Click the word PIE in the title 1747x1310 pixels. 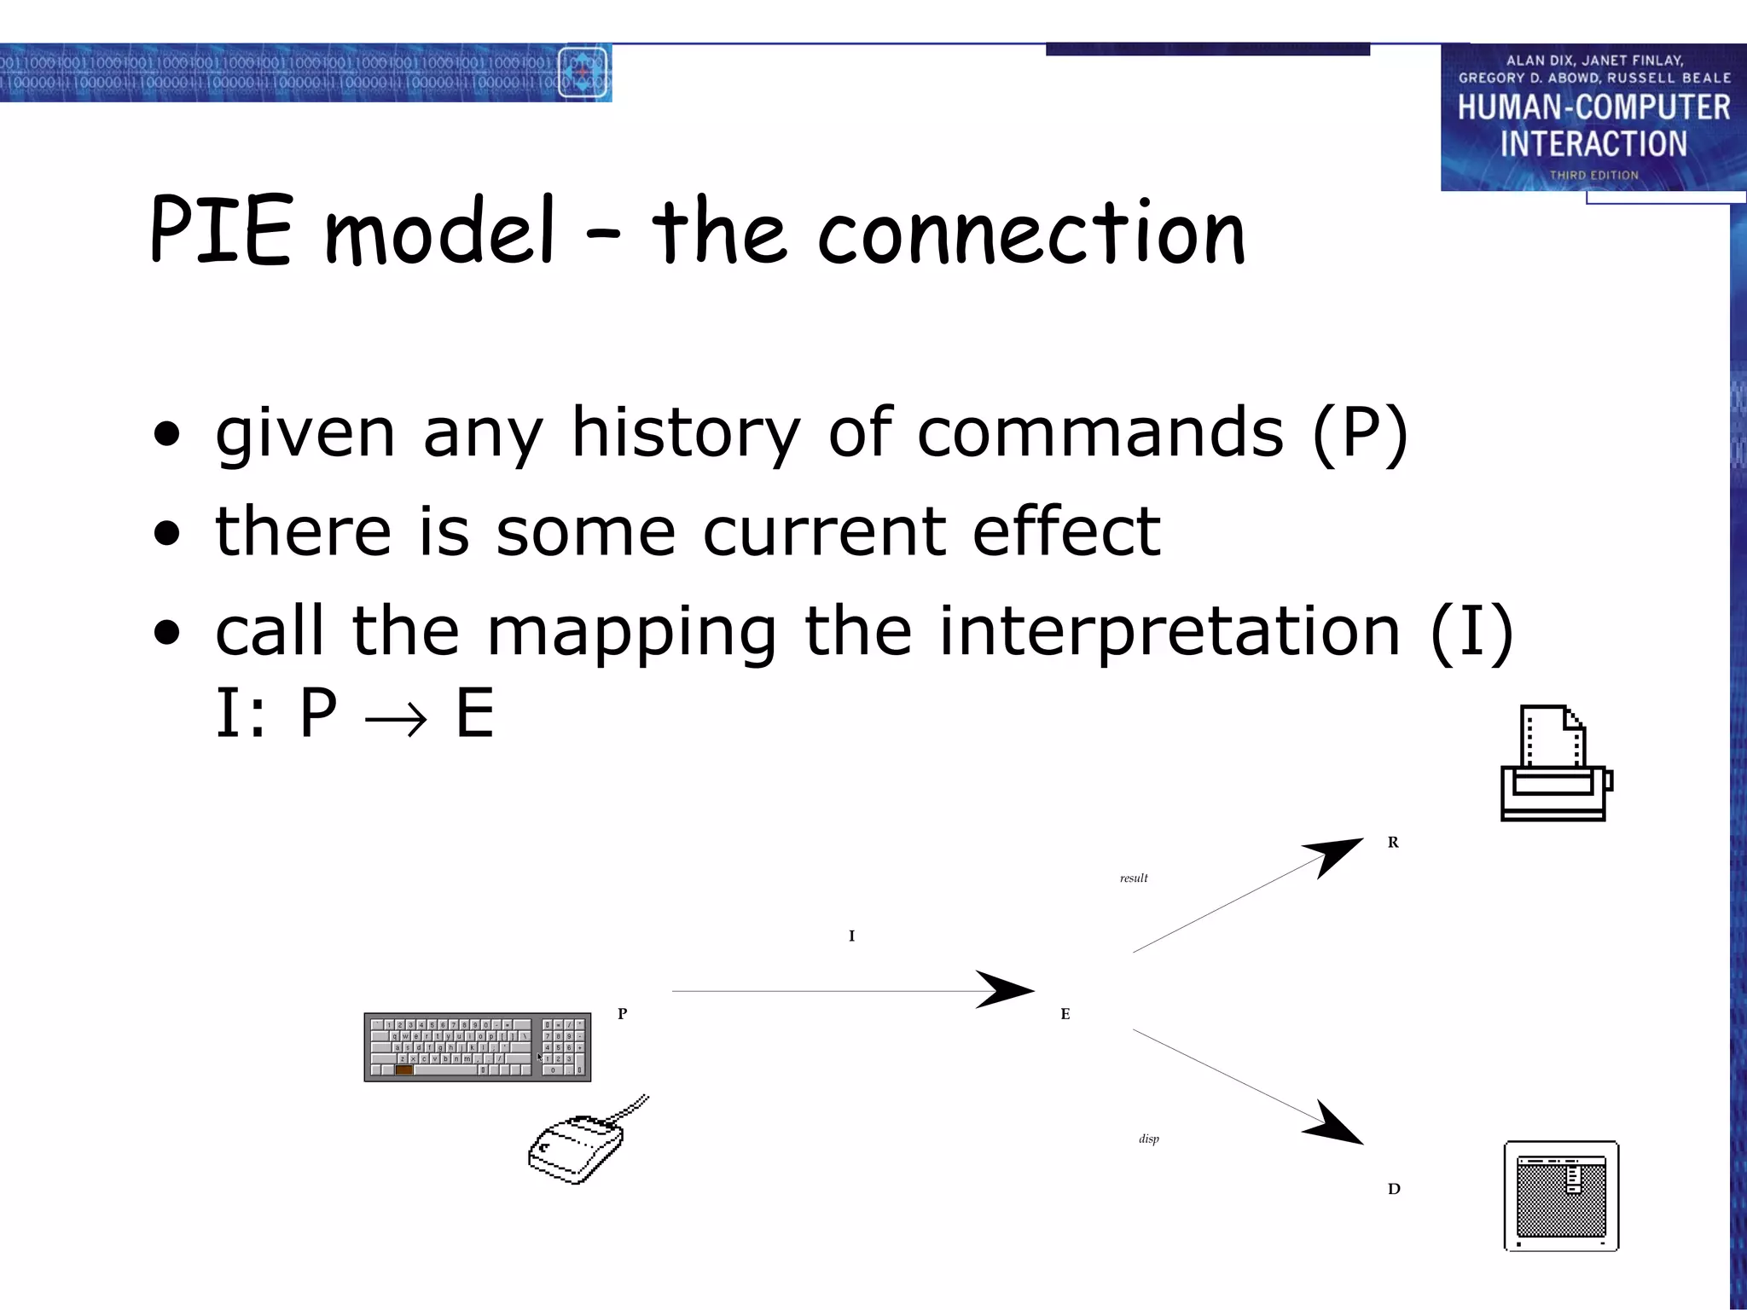pos(222,230)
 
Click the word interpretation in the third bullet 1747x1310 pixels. pos(1170,632)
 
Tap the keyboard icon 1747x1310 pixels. pos(477,1047)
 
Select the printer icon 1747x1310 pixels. pos(1555,764)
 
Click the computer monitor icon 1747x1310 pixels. pos(1561,1196)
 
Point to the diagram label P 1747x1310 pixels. pos(623,1014)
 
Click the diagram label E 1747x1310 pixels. pos(1065,1014)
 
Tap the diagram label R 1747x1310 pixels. pos(1393,843)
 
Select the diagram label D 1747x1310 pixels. pos(1394,1189)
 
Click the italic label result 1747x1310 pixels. pos(1134,878)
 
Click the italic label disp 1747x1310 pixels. pos(1149,1139)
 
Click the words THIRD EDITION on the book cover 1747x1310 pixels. pos(1593,175)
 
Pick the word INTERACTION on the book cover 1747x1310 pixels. pos(1593,143)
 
